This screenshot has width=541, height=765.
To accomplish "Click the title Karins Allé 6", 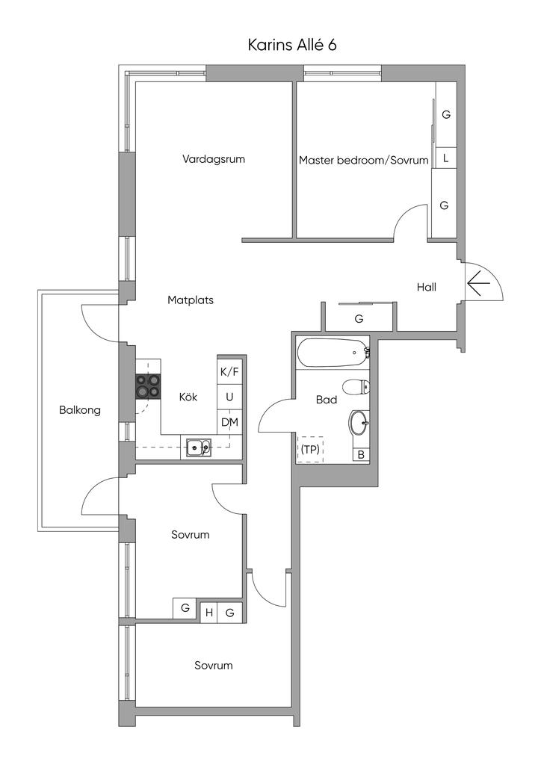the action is coord(292,45).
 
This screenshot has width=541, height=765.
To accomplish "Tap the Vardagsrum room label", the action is coord(214,159).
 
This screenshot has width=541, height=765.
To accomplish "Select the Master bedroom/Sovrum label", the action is coord(364,160).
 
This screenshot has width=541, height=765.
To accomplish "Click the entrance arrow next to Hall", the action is coord(478,283).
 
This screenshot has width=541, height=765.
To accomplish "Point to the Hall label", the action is coord(427,287).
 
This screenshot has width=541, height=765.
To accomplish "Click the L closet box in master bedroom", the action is coord(445,158).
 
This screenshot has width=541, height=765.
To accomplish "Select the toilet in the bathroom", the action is coord(356,387).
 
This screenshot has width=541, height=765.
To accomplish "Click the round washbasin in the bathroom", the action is coord(359,424).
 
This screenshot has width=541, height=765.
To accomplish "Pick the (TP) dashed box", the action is coord(310,449).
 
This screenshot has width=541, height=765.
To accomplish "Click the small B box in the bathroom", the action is coord(361,454).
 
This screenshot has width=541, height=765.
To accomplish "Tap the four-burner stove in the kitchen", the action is coord(147,385).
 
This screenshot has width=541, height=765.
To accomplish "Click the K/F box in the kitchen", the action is coord(229,371).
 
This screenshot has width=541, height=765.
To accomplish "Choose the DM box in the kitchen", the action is coord(229,422).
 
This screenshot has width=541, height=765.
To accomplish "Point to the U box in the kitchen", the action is coord(229,397).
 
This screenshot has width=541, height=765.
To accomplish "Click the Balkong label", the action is coord(80,410).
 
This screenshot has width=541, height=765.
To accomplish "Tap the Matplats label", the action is coord(191,300).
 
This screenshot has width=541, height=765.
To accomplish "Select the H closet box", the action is coord(209,613).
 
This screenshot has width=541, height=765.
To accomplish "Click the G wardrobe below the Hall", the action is coord(359,318).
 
